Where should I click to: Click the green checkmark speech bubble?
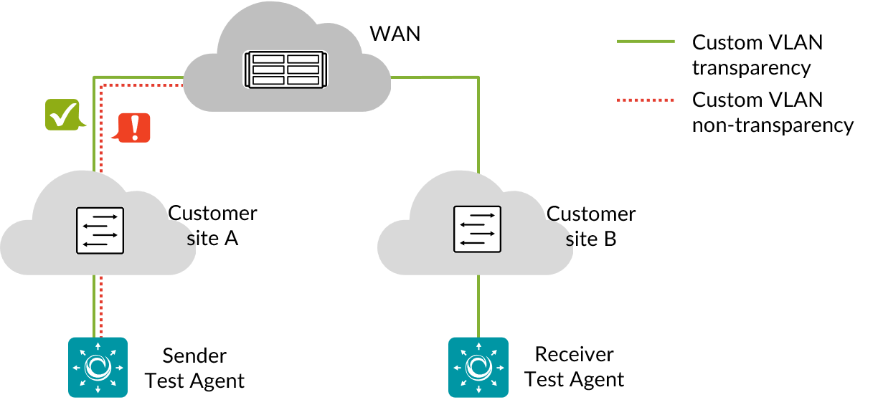coord(62,115)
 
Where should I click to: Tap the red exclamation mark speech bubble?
coord(134,128)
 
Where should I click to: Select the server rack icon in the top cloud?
coord(285,70)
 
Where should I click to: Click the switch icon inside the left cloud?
coord(100,231)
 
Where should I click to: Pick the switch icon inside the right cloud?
coord(477,229)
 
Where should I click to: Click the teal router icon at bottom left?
coord(98,367)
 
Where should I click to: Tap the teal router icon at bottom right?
coord(478,367)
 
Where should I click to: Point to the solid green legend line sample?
coord(646,42)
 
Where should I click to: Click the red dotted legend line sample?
coord(646,100)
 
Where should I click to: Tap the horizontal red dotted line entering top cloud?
coord(143,85)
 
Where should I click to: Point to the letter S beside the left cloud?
coord(191,241)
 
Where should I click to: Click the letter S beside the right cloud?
coord(570,242)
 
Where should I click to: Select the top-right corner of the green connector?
coord(478,77)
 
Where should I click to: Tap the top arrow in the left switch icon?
coord(105,216)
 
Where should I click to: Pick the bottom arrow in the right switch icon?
coord(472,243)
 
